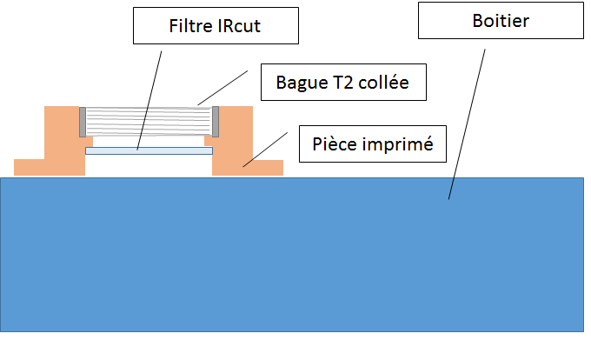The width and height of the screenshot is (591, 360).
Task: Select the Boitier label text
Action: point(500,21)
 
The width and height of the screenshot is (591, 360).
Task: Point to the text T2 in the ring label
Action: point(341,83)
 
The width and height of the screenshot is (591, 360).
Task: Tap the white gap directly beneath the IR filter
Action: point(149,166)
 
